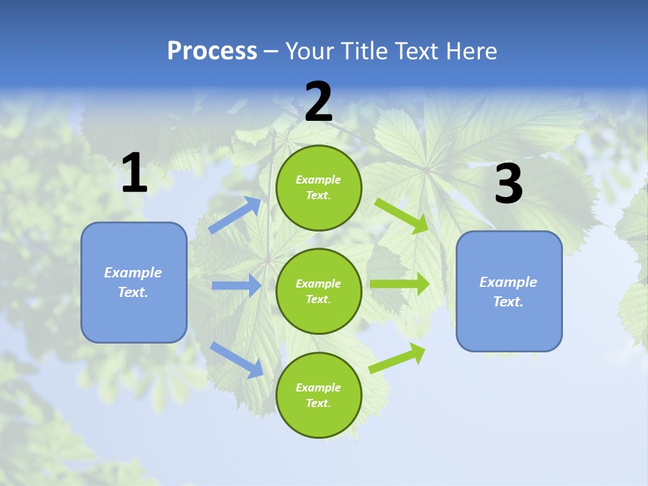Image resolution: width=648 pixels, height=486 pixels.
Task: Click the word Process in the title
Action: (212, 51)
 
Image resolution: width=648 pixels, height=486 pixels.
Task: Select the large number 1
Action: (134, 173)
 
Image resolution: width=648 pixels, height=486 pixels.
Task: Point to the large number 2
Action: (319, 103)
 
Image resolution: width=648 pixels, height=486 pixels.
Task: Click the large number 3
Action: (508, 185)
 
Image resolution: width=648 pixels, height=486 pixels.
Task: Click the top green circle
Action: (319, 188)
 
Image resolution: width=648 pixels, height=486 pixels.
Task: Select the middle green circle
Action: (319, 292)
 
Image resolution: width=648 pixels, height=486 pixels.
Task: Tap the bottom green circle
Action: (319, 396)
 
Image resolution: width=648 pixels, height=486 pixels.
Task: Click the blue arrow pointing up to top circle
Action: (236, 215)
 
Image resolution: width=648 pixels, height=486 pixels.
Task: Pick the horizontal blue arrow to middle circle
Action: (236, 286)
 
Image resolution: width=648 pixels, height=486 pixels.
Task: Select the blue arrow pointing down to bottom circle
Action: (237, 360)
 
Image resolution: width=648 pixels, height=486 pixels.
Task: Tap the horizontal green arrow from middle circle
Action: (399, 284)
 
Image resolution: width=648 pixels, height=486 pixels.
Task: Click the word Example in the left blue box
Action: (133, 273)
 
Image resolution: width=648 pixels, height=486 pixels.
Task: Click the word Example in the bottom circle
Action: (319, 387)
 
